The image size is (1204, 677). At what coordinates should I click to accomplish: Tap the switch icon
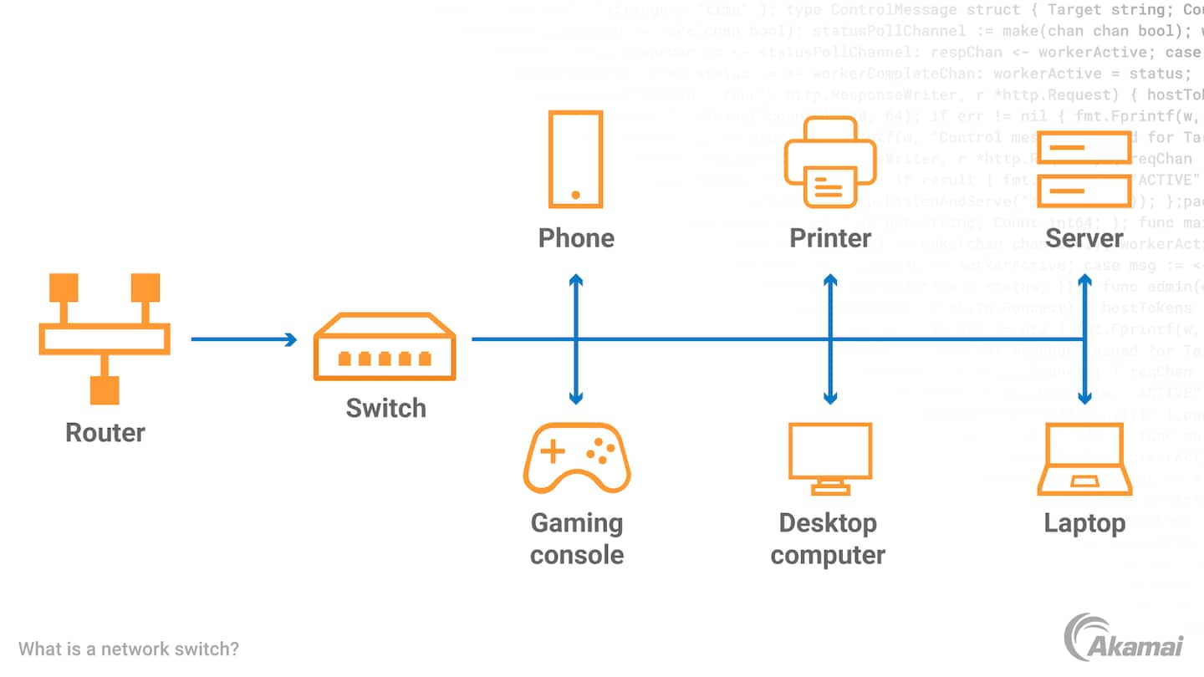tap(385, 347)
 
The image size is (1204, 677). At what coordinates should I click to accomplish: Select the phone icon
tap(575, 159)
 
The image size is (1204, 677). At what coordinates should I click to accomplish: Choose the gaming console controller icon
tap(577, 457)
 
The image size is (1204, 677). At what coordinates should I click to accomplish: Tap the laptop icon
tap(1084, 460)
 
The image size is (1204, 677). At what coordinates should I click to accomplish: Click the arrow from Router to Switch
tap(243, 339)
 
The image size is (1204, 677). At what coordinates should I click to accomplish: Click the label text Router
tap(105, 432)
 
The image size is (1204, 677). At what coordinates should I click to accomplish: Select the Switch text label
tap(386, 408)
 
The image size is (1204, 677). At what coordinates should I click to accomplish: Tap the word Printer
tap(830, 238)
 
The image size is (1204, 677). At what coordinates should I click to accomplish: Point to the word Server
tap(1084, 238)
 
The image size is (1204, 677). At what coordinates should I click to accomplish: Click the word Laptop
tap(1084, 523)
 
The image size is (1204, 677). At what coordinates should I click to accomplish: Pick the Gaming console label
tap(577, 538)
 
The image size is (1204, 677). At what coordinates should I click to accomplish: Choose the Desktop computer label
tap(828, 538)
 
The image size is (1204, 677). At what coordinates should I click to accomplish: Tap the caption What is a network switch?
tap(129, 649)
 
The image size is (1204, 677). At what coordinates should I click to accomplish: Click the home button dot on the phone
tap(576, 195)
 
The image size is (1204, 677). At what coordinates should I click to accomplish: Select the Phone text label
tap(576, 238)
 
